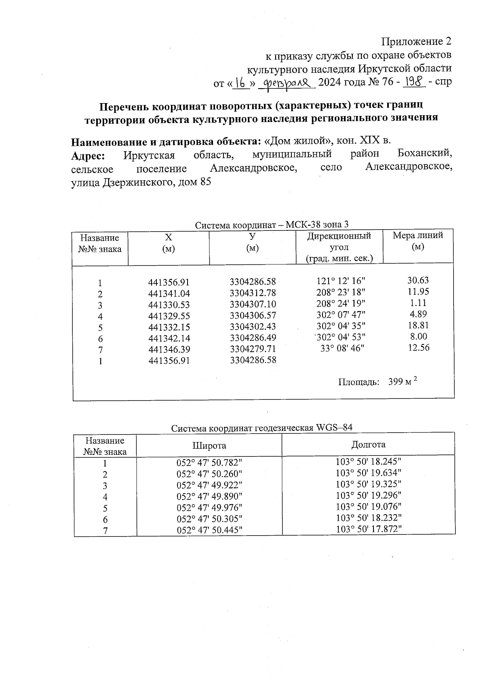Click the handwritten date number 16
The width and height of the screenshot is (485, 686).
pos(242,83)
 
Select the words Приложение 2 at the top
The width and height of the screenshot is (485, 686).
pos(416,42)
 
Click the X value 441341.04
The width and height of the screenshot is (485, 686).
pos(169,294)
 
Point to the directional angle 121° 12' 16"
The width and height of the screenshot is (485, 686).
pos(342,281)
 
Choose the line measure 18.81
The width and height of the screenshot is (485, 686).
pos(418,325)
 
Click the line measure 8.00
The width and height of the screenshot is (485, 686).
pos(418,336)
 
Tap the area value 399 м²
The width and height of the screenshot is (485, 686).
pos(402,382)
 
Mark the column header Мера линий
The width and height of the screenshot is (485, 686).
pos(418,241)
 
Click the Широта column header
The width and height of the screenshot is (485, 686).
pos(209,446)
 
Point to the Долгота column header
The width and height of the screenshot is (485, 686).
pos(368,445)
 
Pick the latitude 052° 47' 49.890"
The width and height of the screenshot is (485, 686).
pos(209,496)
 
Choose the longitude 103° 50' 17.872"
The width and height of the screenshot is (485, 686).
pos(369,529)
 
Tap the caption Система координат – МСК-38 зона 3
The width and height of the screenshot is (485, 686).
pos(272,225)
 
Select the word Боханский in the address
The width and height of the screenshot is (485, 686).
pos(424,154)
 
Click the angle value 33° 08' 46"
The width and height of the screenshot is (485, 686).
pos(342,348)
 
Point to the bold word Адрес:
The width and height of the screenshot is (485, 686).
pos(89,156)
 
